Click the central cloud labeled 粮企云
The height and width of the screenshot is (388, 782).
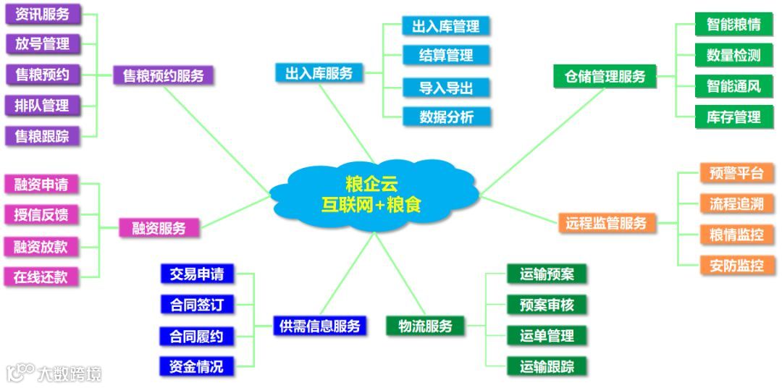pos(371,193)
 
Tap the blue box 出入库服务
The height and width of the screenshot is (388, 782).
pos(319,73)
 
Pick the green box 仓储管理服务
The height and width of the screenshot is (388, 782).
pos(605,76)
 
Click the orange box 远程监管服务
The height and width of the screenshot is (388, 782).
pos(606,223)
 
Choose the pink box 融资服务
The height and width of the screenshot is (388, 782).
pos(159,228)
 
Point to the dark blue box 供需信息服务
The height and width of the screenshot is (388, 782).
pos(319,326)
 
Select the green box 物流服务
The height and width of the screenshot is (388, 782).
pos(419,326)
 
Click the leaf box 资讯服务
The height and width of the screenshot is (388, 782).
pos(42,14)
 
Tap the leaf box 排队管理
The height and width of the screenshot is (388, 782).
pos(42,105)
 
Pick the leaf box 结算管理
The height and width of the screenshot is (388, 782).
pos(445,55)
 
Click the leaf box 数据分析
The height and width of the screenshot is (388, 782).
pos(445,117)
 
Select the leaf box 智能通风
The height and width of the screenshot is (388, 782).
pos(733,86)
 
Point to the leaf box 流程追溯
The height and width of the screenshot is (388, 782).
pos(736,203)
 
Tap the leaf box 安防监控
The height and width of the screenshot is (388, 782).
pos(736,266)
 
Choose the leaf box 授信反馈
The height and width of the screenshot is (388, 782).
pos(41,215)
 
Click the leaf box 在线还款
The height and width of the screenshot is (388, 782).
pos(41,277)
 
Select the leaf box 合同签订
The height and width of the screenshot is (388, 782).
pos(196,305)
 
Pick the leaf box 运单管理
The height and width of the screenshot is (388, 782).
pos(546,336)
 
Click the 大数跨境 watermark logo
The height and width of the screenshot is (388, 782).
pos(54,373)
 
